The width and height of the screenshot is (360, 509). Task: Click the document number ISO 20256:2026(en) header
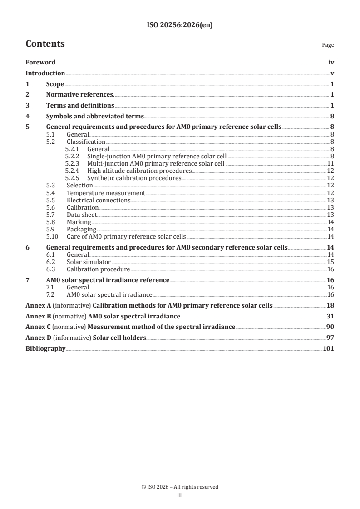coord(180,25)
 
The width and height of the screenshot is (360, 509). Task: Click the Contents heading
coord(45,44)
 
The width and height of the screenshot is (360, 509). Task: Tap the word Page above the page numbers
coord(328,45)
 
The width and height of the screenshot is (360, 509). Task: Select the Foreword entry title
coord(40,63)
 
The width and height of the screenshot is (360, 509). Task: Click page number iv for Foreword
coord(331,63)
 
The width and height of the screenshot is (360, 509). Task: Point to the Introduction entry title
coord(45,73)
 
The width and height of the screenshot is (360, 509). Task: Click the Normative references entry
coord(80,95)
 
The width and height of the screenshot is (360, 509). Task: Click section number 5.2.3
coord(73,163)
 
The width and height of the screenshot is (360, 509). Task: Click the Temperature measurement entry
coord(106,193)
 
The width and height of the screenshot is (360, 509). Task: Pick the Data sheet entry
coord(82,215)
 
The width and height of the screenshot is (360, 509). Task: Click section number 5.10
coord(53,236)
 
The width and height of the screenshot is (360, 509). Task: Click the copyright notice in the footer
coord(180,487)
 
